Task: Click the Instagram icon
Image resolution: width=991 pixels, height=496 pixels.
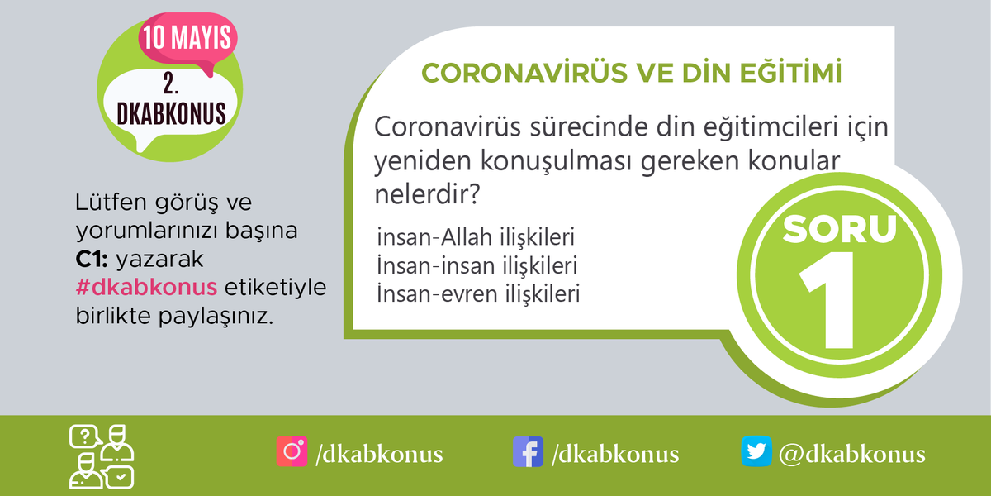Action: pyautogui.click(x=292, y=452)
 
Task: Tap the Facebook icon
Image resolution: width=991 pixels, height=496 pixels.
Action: pyautogui.click(x=529, y=452)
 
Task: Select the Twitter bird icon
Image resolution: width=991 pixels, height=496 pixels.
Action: pyautogui.click(x=756, y=452)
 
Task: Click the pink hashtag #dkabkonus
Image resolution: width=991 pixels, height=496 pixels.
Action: pyautogui.click(x=145, y=287)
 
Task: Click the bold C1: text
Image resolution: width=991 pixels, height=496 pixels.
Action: pyautogui.click(x=90, y=260)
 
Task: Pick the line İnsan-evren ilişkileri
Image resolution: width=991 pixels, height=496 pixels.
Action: pyautogui.click(x=478, y=293)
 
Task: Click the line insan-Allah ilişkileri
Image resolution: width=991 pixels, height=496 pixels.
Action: pyautogui.click(x=475, y=238)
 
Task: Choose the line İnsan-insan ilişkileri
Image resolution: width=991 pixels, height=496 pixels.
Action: pyautogui.click(x=477, y=266)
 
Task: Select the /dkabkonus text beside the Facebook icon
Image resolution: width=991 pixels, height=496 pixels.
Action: pyautogui.click(x=615, y=454)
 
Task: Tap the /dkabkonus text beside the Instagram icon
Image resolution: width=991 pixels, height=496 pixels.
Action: pyautogui.click(x=379, y=454)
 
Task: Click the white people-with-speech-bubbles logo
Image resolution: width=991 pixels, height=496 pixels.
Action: pyautogui.click(x=102, y=455)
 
